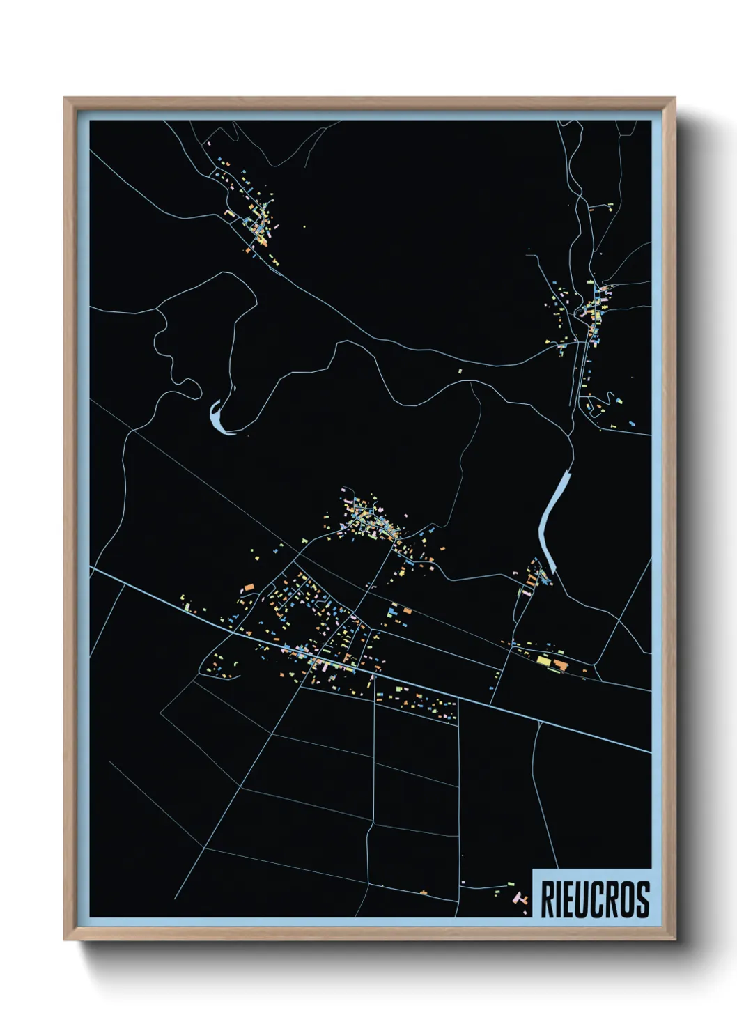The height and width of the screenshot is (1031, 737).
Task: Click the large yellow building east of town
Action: pyautogui.click(x=543, y=659)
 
